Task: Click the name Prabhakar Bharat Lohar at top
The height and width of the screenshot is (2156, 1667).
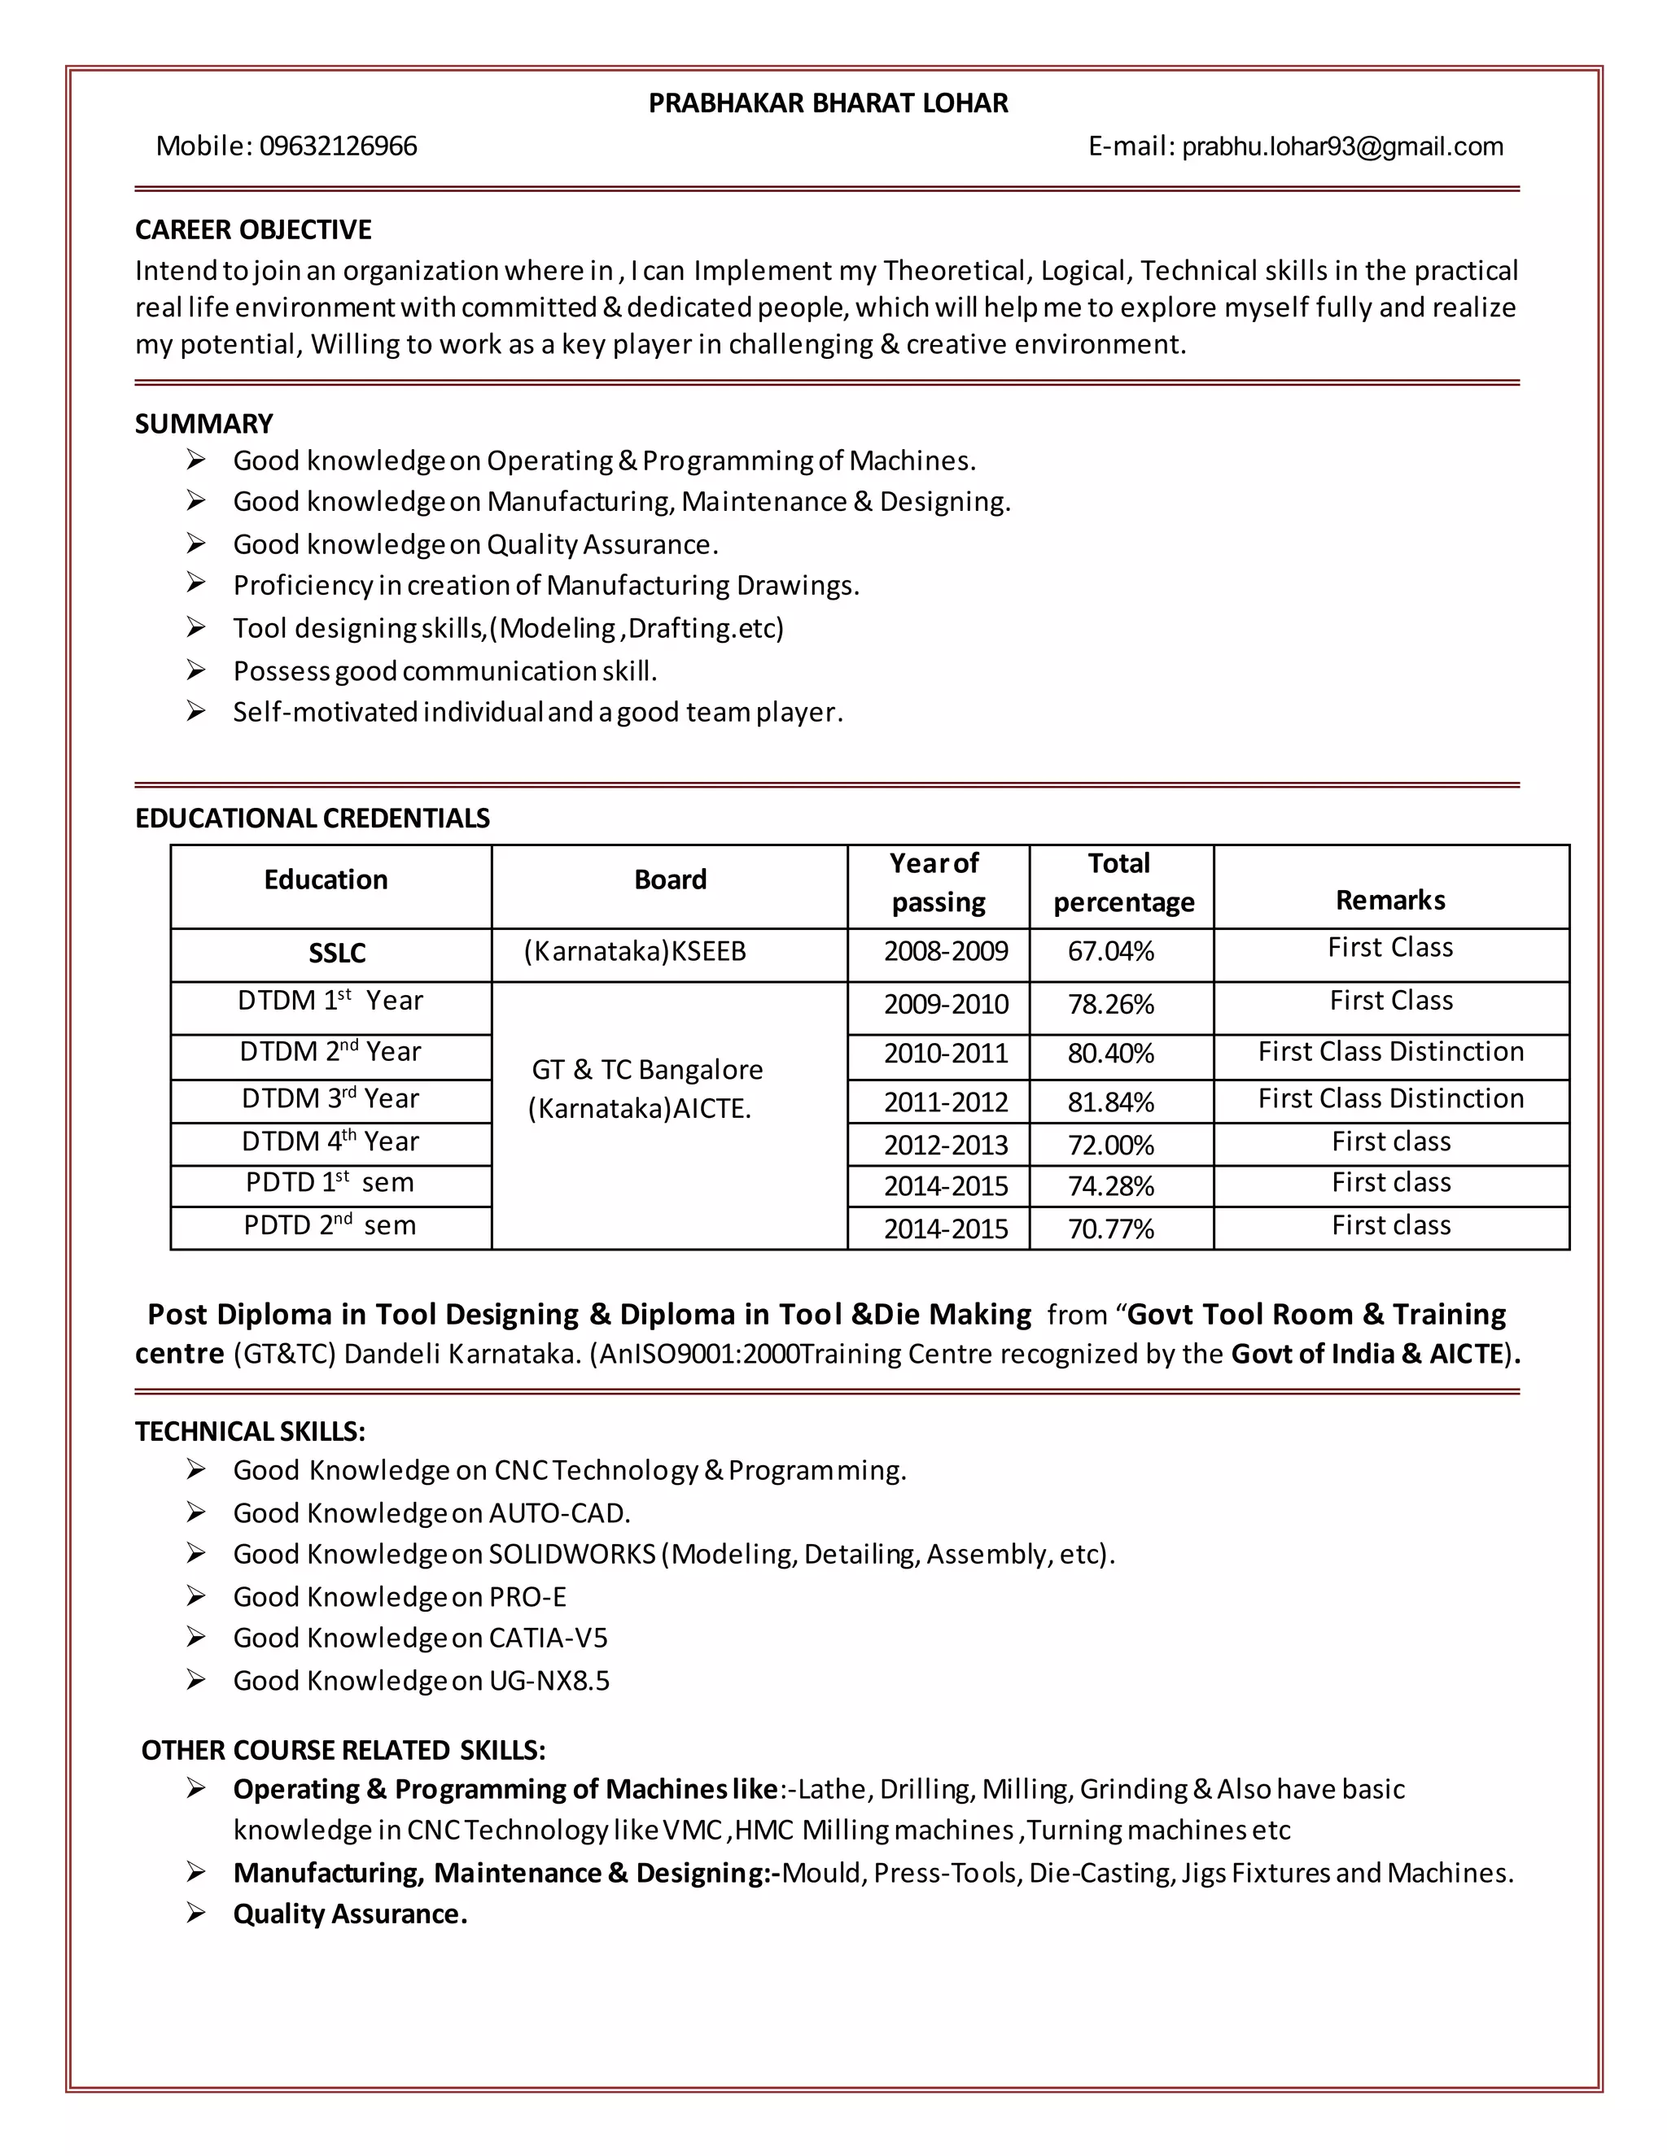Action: (x=828, y=103)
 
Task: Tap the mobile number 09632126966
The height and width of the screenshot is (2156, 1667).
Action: (x=338, y=147)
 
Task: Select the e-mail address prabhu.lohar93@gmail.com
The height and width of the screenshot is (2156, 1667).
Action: (x=1342, y=147)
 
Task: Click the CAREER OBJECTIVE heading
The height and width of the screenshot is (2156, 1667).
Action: (x=253, y=230)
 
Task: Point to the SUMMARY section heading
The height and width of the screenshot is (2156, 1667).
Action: (x=203, y=424)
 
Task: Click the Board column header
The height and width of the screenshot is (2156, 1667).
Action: (x=670, y=879)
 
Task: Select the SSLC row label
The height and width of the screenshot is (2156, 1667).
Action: (x=337, y=953)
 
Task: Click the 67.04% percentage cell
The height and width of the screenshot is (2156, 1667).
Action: (x=1110, y=952)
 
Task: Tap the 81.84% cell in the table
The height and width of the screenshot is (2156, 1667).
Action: (x=1110, y=1102)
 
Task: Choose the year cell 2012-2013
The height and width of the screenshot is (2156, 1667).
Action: (x=945, y=1146)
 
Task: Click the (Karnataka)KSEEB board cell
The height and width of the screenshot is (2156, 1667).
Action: (x=634, y=952)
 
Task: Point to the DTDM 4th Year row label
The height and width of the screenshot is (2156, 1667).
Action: (x=330, y=1142)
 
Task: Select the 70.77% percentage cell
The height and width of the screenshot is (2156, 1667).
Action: (x=1110, y=1229)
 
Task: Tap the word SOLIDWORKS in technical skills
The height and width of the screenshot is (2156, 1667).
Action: (x=571, y=1554)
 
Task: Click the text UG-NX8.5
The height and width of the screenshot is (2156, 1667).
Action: (x=549, y=1680)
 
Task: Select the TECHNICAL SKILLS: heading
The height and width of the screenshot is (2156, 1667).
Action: (x=250, y=1431)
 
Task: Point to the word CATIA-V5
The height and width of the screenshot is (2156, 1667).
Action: (x=548, y=1638)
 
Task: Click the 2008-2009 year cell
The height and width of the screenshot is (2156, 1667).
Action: (x=945, y=952)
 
